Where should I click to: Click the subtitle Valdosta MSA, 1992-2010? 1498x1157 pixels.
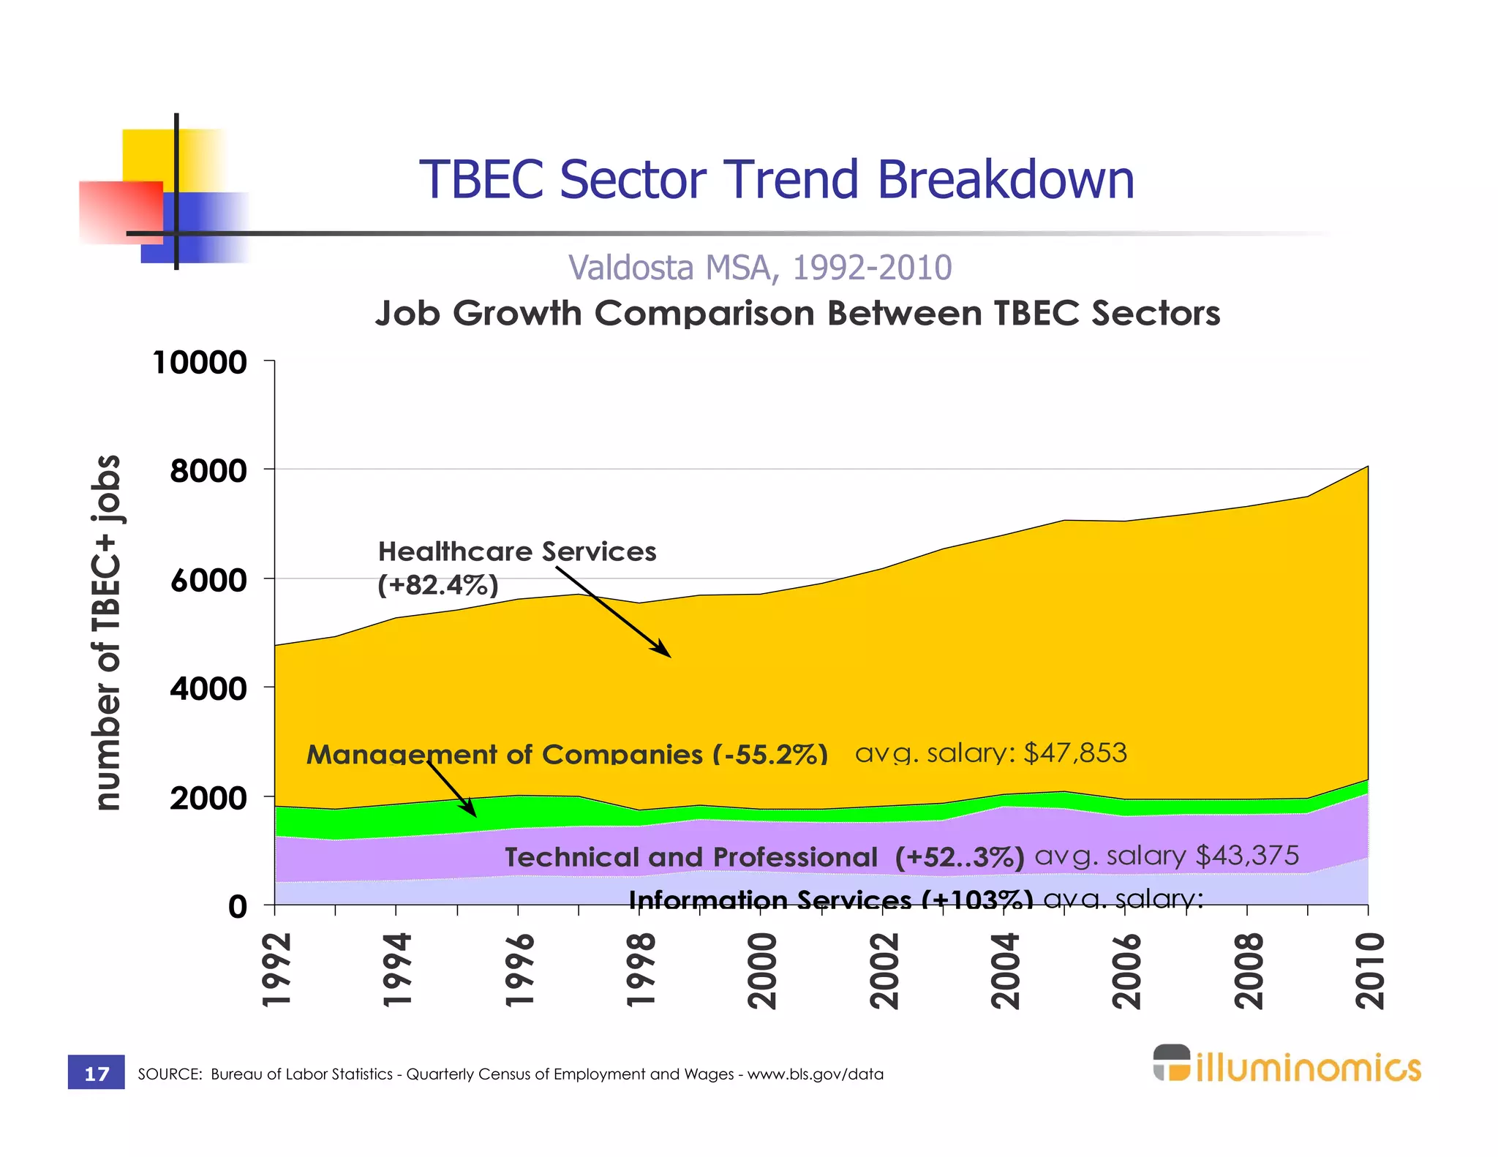(760, 268)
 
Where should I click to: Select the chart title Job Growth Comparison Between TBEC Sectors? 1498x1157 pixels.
(797, 313)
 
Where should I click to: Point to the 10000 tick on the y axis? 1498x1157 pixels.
(199, 362)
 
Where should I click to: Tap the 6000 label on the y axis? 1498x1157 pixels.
(208, 580)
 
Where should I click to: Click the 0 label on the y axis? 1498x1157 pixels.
(237, 907)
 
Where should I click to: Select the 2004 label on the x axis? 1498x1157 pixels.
(1005, 971)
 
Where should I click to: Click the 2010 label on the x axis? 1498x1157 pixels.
(1369, 971)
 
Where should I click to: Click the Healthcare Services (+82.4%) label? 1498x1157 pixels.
(516, 568)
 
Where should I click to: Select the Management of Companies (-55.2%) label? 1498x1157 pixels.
(567, 754)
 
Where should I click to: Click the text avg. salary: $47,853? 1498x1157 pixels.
(990, 753)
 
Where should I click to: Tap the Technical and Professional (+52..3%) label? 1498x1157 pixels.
(764, 856)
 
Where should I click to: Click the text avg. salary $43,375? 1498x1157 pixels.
(1166, 855)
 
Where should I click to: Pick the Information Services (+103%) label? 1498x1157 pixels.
(830, 899)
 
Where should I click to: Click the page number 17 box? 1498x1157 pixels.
(97, 1073)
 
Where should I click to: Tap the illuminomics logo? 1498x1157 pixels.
(1287, 1064)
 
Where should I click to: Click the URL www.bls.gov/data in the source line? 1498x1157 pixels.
(815, 1074)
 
